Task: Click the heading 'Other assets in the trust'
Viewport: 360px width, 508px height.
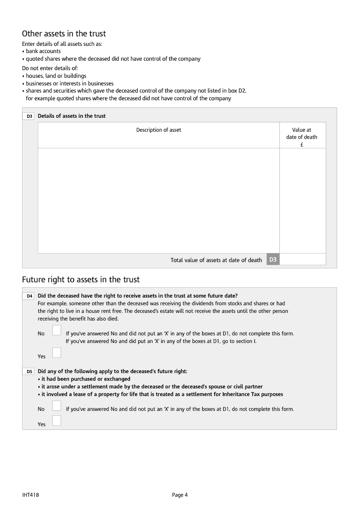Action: point(64,34)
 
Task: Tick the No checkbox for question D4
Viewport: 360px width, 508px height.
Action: point(57,330)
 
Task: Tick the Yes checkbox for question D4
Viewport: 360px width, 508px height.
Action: point(57,353)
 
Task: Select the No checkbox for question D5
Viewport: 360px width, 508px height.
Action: point(57,406)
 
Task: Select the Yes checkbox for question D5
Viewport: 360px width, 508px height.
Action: point(57,421)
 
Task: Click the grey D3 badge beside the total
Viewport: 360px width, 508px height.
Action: point(273,259)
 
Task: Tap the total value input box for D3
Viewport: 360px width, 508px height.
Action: point(302,259)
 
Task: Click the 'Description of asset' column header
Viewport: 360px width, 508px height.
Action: point(158,130)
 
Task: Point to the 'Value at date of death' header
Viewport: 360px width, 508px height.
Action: point(301,137)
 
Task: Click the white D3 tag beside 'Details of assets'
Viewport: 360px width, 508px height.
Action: point(29,116)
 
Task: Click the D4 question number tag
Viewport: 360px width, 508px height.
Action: point(29,296)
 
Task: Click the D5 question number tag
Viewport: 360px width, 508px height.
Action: point(29,372)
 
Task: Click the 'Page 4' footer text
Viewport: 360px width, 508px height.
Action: point(180,495)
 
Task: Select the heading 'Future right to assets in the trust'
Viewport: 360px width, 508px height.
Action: point(81,280)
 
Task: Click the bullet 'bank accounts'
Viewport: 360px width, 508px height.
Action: point(43,51)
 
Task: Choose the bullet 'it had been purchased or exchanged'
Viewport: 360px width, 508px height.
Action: point(85,379)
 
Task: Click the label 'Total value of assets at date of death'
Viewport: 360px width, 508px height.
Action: point(216,260)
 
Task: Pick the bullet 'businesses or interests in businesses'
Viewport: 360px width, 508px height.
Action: point(69,83)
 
